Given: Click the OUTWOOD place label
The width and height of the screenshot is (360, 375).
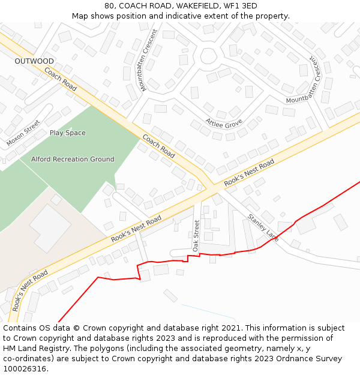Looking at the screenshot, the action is coord(34,61).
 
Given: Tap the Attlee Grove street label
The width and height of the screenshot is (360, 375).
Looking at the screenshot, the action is coord(224,123).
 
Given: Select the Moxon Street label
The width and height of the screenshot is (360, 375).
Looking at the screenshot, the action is coord(23,134).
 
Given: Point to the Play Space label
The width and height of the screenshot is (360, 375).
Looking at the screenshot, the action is coord(67,133).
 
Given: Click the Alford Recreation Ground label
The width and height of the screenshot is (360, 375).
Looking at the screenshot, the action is coord(73,159).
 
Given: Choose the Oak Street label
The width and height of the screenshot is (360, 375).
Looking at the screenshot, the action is coord(196,235).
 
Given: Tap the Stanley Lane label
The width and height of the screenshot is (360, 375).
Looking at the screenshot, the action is coord(263,228).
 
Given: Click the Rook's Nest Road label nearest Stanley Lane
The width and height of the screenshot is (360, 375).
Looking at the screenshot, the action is coord(249,172).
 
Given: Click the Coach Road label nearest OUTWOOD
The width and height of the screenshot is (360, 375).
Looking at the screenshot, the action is coord(61,79).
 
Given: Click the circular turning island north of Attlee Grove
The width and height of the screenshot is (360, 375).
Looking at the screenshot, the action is coord(208,56).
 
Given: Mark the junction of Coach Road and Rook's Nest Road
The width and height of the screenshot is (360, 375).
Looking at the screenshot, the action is coord(209,187).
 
